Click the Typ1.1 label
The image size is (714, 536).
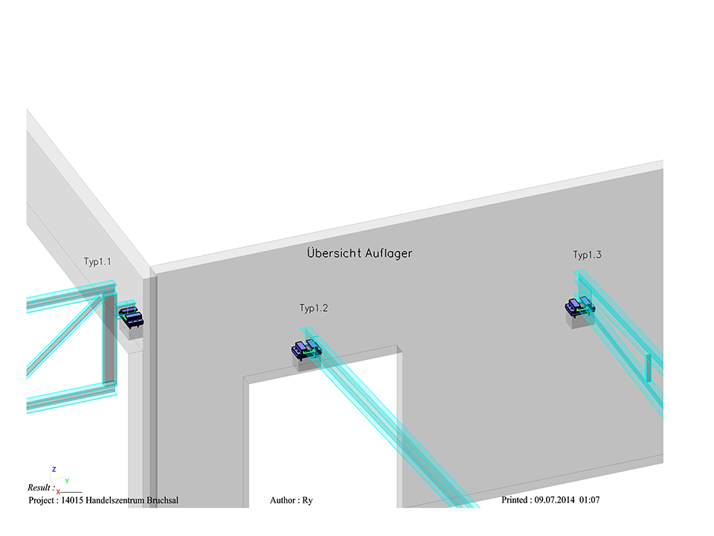(97, 262)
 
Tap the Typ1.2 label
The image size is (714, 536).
(314, 308)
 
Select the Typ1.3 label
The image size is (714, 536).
(587, 255)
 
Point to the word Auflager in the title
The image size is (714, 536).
(389, 253)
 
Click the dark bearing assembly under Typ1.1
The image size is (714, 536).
(132, 317)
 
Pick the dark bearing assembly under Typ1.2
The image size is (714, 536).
(306, 348)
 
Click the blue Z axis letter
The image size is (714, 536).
(54, 470)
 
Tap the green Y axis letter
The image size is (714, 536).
(67, 481)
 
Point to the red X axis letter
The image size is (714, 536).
(58, 491)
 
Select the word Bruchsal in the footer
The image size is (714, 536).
(158, 500)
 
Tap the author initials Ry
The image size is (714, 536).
(307, 500)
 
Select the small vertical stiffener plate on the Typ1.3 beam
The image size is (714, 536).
(649, 367)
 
